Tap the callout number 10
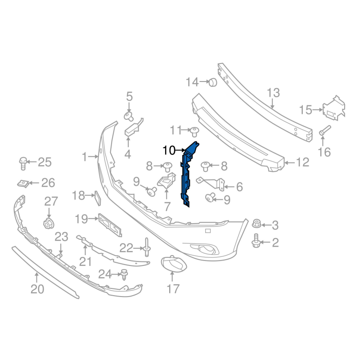[169, 151]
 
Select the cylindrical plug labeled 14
[213, 82]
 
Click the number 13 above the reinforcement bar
[273, 93]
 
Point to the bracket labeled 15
[334, 108]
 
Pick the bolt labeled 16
[324, 130]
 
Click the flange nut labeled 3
[256, 224]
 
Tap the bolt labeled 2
[256, 241]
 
